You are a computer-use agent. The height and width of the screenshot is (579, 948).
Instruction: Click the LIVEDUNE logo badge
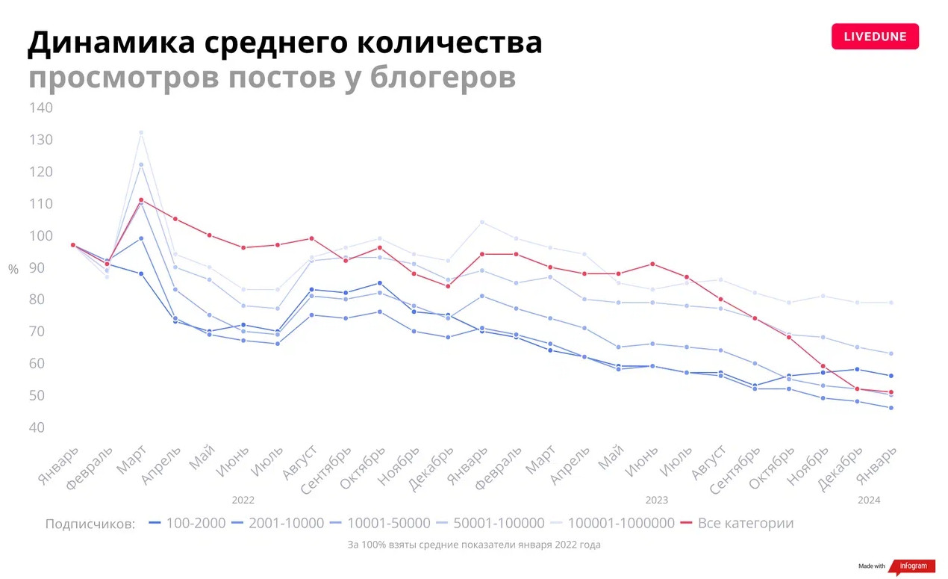click(x=875, y=37)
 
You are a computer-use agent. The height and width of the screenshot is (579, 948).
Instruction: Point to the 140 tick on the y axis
click(x=41, y=108)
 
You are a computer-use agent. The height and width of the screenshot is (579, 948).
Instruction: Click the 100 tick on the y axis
click(x=41, y=236)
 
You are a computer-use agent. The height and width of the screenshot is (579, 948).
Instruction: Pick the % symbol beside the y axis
click(x=13, y=270)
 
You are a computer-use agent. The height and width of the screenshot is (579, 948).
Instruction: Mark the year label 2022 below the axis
click(x=243, y=500)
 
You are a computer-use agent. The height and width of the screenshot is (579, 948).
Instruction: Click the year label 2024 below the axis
click(x=869, y=500)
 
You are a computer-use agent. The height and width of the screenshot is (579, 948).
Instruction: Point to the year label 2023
click(x=657, y=500)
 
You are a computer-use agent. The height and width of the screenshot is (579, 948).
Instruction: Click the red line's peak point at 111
click(x=141, y=200)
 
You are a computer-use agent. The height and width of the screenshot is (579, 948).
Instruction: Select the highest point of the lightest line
click(x=141, y=132)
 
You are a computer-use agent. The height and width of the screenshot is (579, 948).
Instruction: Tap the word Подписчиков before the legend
click(x=90, y=524)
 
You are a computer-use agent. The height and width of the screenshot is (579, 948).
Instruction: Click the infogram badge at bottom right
click(x=913, y=566)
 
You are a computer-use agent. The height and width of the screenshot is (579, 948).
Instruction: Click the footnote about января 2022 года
click(x=474, y=545)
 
